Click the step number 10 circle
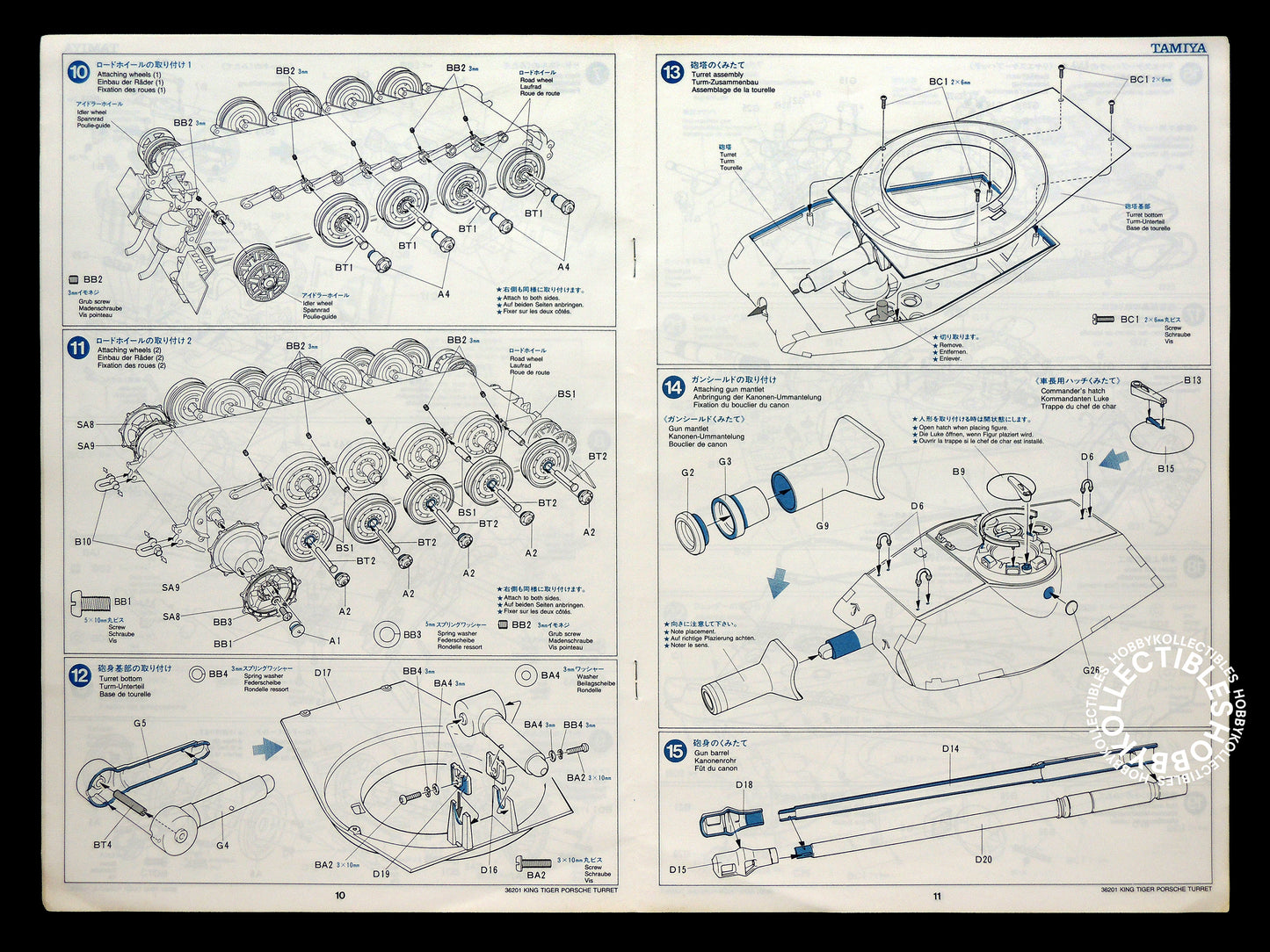point(77,72)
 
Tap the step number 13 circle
point(672,72)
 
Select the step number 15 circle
point(674,751)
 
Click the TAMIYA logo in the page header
point(1179,49)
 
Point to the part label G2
point(687,472)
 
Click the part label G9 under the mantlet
point(822,526)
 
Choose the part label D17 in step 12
point(322,673)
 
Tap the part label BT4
point(101,845)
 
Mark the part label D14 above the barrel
point(950,748)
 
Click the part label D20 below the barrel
point(983,859)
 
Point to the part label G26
point(1092,669)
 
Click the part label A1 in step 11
point(335,641)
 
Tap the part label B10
point(82,542)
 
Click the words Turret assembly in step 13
point(716,75)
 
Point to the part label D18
point(744,784)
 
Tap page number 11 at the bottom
point(937,896)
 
